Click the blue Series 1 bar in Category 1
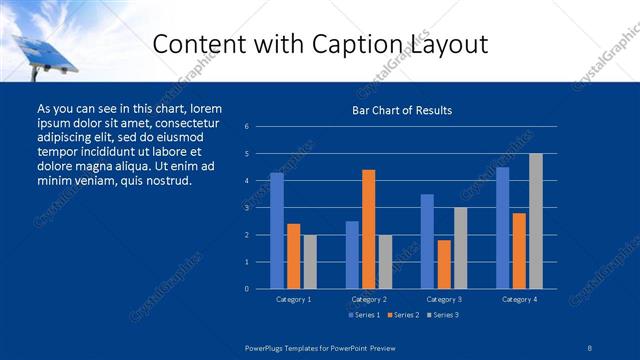(277, 231)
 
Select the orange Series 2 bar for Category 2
(368, 229)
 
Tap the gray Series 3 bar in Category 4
(535, 221)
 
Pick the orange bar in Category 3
(443, 264)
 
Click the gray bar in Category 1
(309, 262)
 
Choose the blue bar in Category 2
(352, 255)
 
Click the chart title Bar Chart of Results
(402, 110)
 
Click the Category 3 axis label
(443, 299)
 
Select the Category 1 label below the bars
(293, 299)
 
